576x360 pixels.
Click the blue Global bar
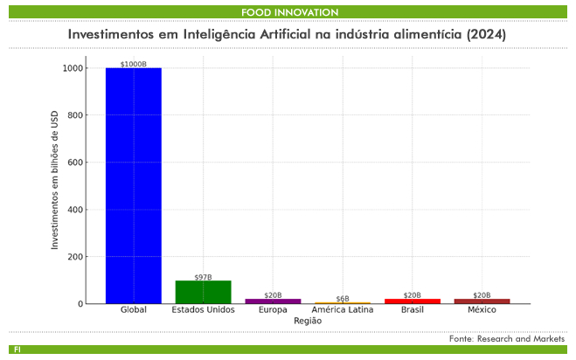133,185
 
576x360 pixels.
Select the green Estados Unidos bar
203,292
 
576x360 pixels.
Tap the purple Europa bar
273,301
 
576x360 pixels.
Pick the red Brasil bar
413,301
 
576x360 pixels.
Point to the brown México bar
482,301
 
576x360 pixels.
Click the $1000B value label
133,64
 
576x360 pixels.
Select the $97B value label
203,277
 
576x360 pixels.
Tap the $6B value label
343,299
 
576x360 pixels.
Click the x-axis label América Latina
343,310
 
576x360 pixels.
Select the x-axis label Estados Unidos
203,310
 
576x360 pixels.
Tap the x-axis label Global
133,310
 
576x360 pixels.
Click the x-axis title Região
307,321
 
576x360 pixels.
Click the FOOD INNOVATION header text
289,12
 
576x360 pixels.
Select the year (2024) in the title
486,33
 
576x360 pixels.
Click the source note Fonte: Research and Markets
507,338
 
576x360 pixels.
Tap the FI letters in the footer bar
17,350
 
